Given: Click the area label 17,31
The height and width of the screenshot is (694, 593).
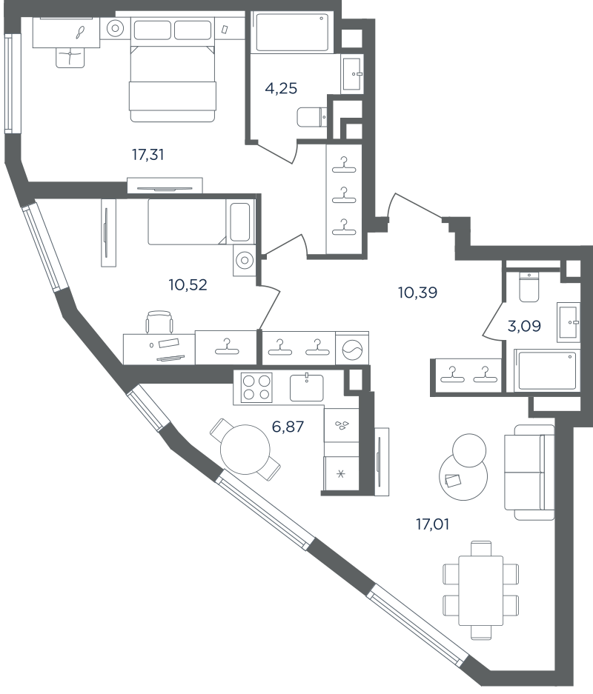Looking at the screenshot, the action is tap(148, 155).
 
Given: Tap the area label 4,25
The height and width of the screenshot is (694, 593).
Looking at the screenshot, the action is tap(281, 89).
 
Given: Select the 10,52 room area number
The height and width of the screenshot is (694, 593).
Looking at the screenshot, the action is tap(188, 284).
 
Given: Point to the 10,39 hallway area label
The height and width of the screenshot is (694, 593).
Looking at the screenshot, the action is tap(417, 293).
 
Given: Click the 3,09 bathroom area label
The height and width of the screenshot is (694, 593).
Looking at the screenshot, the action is tap(524, 326).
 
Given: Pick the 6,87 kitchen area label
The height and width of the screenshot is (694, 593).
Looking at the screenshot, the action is tap(288, 427).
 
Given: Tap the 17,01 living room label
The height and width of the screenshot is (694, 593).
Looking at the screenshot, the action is tap(432, 524).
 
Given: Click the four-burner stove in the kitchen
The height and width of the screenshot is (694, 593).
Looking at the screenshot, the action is tap(256, 387).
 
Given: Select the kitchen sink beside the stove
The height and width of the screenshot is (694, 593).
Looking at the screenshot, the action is tap(306, 387).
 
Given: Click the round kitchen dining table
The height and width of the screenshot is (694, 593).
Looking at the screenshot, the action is tap(245, 450).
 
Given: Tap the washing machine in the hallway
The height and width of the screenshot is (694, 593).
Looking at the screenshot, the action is tap(353, 349).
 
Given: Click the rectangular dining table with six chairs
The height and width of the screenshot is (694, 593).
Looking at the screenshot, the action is tap(480, 590).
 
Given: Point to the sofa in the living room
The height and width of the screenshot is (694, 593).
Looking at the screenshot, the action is tap(529, 473).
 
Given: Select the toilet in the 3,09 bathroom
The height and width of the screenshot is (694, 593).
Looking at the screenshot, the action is tap(529, 287).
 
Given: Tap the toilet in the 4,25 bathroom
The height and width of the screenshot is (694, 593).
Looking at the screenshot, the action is tap(311, 117).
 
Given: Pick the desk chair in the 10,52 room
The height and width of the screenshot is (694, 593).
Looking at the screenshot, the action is tap(159, 321).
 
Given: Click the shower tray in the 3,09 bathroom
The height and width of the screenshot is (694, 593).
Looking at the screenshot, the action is tap(547, 370).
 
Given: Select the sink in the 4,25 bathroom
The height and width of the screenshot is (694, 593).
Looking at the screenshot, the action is tap(352, 74).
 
